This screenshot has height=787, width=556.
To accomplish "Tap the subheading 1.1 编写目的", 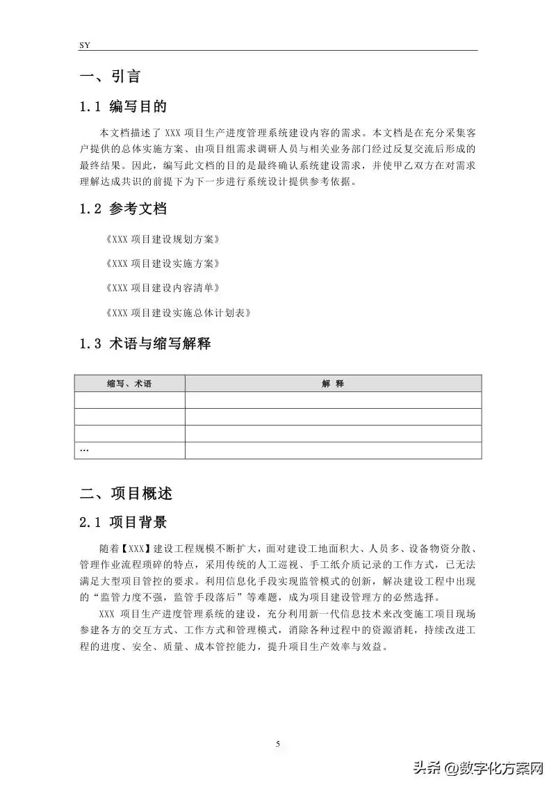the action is tap(123, 107).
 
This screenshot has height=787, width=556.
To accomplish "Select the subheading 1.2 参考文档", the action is tap(123, 209).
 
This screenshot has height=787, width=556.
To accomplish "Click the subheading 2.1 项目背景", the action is tap(123, 522).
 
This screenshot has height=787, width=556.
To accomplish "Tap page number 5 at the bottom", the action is tap(278, 744).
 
